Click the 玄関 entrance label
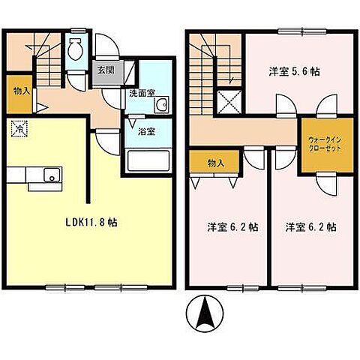tap(105, 72)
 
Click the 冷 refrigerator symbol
tap(17, 128)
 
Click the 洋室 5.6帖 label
tap(293, 72)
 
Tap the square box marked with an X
tap(226, 100)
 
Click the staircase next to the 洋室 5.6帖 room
tap(212, 64)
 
